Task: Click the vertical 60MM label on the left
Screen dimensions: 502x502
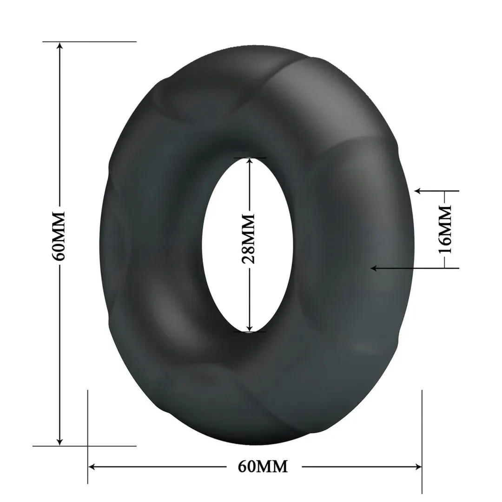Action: pos(59,237)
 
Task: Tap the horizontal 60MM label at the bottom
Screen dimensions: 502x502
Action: pos(263,466)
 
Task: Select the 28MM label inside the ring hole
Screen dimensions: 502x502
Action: pos(250,239)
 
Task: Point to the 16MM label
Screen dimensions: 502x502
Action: pos(445,230)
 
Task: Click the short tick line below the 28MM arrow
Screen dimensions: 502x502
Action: pos(250,332)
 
